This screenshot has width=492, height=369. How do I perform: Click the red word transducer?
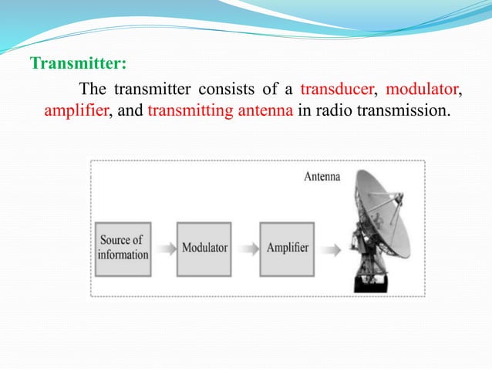336,88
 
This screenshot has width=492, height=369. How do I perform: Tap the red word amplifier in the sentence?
76,110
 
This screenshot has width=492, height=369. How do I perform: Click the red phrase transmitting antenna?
220,110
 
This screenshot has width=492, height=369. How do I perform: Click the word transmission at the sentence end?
402,110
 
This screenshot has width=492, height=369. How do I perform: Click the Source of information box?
123,248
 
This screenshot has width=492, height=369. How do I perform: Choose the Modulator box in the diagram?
204,248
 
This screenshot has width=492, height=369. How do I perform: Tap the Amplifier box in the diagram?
288,248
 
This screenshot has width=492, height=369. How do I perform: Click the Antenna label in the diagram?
322,177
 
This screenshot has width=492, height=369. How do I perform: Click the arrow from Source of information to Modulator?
163,249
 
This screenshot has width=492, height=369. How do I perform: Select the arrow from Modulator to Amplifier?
246,249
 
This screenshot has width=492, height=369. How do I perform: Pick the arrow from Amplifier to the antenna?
331,249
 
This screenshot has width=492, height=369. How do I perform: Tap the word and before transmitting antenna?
130,110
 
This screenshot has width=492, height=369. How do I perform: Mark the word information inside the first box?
123,255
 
